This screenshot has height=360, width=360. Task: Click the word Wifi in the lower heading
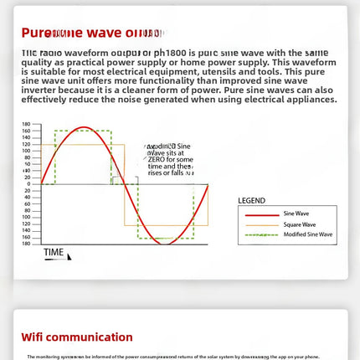36,337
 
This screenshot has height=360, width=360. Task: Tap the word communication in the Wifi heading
93,337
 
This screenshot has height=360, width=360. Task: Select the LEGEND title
251,201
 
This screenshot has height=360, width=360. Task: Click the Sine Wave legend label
296,213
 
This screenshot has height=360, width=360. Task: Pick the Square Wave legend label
299,224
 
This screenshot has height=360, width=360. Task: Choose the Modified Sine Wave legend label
307,234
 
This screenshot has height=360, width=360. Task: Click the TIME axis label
54,252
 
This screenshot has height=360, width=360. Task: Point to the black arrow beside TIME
69,256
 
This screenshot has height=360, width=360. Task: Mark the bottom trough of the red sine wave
166,243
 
